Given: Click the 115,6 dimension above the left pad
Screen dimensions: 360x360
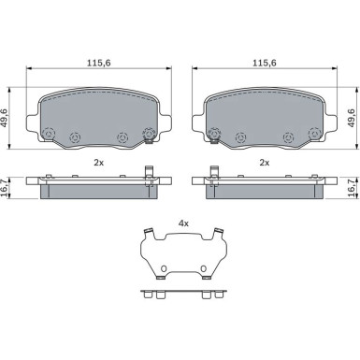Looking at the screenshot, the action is point(99,63).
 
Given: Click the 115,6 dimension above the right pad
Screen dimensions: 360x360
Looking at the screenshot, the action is point(265,63).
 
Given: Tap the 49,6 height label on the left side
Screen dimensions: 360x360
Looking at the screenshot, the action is point(4,118).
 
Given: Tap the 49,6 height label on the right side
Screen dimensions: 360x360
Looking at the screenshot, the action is point(352,118).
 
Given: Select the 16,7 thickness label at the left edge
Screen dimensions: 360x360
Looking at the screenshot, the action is point(4,188).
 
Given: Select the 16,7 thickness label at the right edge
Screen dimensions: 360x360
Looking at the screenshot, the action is point(352,188).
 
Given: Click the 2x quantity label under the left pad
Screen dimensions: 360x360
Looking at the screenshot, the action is point(99,163).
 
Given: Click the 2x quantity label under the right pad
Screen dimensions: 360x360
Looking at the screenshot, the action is point(265,163).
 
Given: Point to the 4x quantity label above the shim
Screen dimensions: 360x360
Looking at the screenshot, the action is point(183,223).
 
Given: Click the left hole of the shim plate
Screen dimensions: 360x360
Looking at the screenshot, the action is point(164,268).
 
